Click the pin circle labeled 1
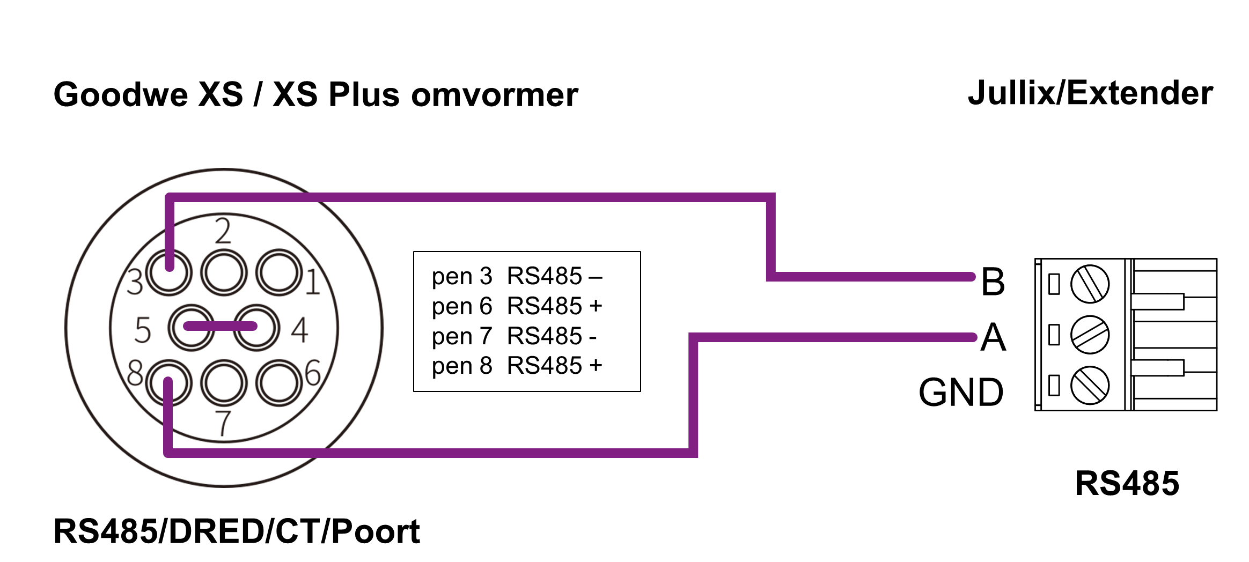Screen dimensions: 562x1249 pyautogui.click(x=279, y=272)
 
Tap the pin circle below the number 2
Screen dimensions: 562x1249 pyautogui.click(x=224, y=272)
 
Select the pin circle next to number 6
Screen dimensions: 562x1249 pyautogui.click(x=279, y=383)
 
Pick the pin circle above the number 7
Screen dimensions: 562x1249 pyautogui.click(x=224, y=383)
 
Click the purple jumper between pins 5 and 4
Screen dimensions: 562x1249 pyautogui.click(x=221, y=326)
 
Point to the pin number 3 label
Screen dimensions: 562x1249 pyautogui.click(x=135, y=282)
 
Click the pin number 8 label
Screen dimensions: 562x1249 pyautogui.click(x=135, y=373)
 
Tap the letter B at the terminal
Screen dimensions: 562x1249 pyautogui.click(x=993, y=282)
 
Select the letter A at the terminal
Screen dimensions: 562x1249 pyautogui.click(x=993, y=338)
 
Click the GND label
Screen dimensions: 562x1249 pyautogui.click(x=961, y=393)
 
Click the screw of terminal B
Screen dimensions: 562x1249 pyautogui.click(x=1090, y=284)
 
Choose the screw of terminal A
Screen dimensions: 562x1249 pyautogui.click(x=1090, y=335)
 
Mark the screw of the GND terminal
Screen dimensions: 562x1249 pyautogui.click(x=1090, y=385)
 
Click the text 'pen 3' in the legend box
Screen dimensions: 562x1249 pyautogui.click(x=461, y=277)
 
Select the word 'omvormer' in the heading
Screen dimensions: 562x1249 pyautogui.click(x=494, y=95)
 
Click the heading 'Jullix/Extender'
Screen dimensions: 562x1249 pyautogui.click(x=1090, y=93)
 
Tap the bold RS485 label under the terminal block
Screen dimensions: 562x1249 pyautogui.click(x=1127, y=483)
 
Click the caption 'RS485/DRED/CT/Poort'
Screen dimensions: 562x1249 pyautogui.click(x=236, y=531)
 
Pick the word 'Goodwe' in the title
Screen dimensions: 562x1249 pyautogui.click(x=121, y=95)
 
